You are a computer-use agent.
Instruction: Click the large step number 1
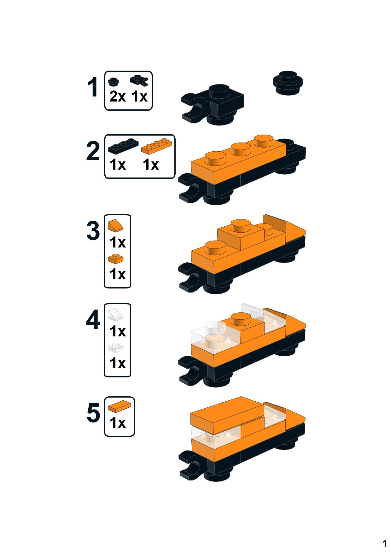[x=93, y=88]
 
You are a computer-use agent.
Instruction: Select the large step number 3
[x=93, y=231]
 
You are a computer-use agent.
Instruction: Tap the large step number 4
[x=93, y=320]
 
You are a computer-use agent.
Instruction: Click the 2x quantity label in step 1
[x=117, y=96]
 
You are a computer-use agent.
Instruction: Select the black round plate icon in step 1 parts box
[x=114, y=82]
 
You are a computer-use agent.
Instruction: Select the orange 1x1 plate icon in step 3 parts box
[x=116, y=259]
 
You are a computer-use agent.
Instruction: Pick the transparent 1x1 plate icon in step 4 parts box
[x=115, y=347]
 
